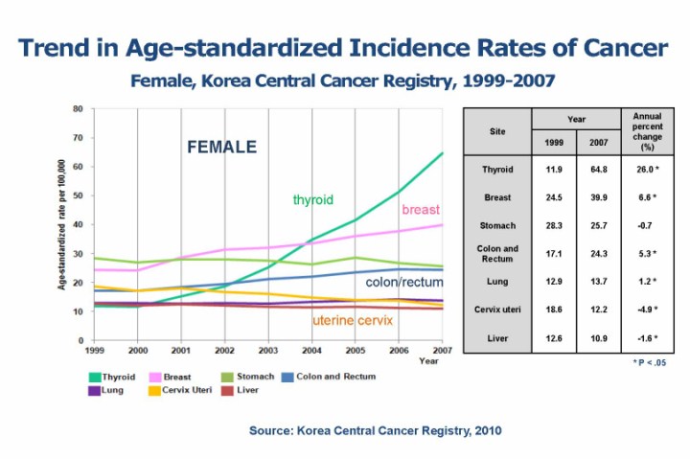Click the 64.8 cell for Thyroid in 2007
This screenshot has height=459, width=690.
pyautogui.click(x=599, y=170)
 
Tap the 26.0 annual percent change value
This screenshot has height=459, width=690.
pyautogui.click(x=647, y=170)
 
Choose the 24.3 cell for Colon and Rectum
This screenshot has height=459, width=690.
pyautogui.click(x=599, y=253)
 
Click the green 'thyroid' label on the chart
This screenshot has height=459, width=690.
pyautogui.click(x=312, y=199)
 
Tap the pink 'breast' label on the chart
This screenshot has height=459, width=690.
pyautogui.click(x=421, y=209)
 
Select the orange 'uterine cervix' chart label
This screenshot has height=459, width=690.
pyautogui.click(x=353, y=319)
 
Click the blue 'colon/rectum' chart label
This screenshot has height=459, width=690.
pyautogui.click(x=405, y=283)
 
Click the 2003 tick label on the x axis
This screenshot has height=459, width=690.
pyautogui.click(x=269, y=352)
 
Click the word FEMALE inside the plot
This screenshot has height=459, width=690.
pyautogui.click(x=220, y=148)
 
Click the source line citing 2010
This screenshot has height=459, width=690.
pyautogui.click(x=375, y=430)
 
